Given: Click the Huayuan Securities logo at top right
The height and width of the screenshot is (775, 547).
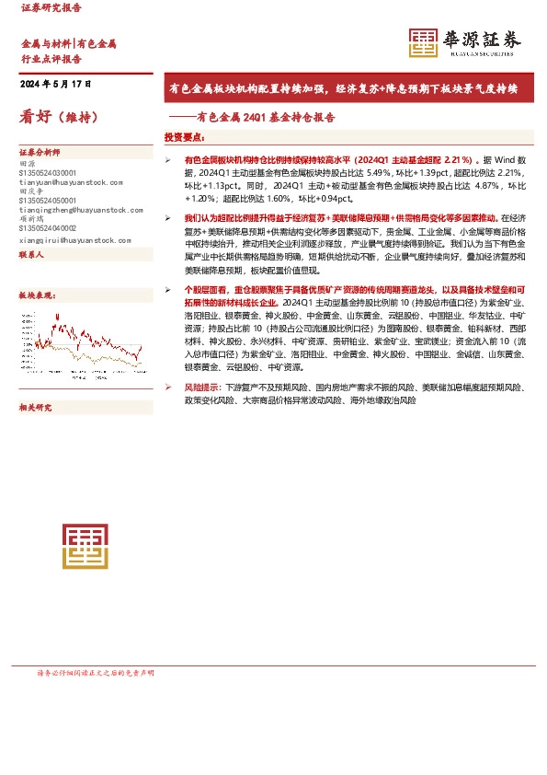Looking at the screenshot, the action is (x=465, y=42).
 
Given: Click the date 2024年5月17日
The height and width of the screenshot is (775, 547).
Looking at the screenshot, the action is (x=56, y=84).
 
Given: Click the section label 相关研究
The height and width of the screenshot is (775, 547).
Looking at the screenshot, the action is (x=38, y=406).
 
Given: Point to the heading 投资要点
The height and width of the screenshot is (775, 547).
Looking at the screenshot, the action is (x=184, y=137).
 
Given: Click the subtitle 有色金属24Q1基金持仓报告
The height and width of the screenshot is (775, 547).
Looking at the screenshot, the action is (x=259, y=118).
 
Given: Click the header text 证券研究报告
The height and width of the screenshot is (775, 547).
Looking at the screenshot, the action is (x=51, y=7).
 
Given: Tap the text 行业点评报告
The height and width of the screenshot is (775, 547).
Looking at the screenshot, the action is (x=47, y=57).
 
